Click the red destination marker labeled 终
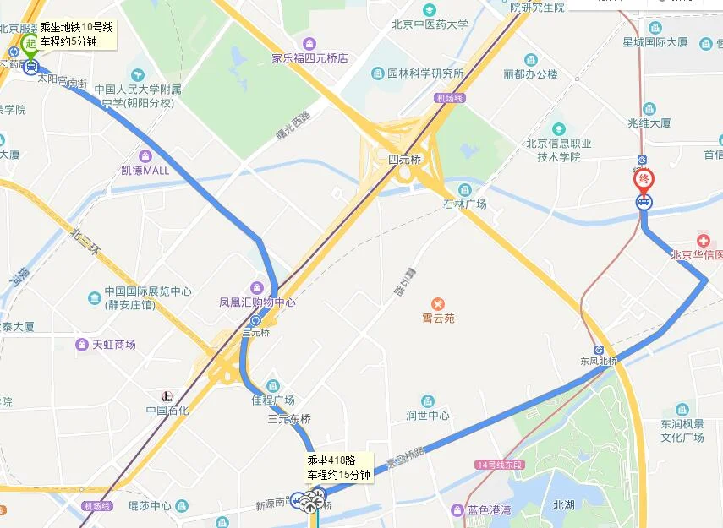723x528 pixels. [x=644, y=179]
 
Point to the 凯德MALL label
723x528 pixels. [x=145, y=170]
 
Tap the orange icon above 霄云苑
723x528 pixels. [x=438, y=303]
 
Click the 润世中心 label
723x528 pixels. [x=427, y=415]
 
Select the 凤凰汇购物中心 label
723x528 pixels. [x=257, y=302]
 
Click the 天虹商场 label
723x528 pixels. [x=114, y=344]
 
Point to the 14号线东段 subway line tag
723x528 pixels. [x=501, y=465]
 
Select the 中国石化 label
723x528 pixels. [x=167, y=411]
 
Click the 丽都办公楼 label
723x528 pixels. [x=531, y=73]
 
